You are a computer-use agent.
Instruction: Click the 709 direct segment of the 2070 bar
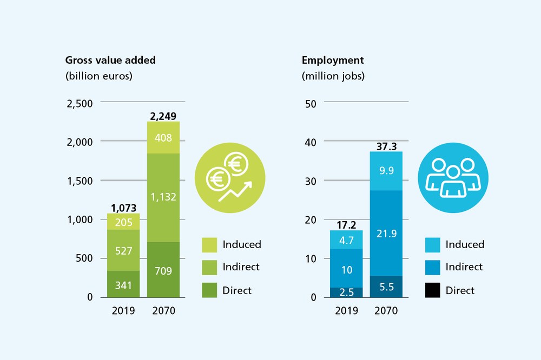(x=163, y=270)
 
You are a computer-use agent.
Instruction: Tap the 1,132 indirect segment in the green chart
(x=163, y=197)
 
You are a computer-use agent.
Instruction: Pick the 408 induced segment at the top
(x=163, y=138)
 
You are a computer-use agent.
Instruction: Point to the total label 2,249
(x=163, y=116)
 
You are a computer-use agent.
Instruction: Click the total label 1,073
(x=123, y=208)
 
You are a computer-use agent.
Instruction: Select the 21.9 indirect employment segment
(x=386, y=233)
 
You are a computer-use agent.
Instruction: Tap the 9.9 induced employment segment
(x=386, y=170)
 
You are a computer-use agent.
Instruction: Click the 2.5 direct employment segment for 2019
(x=346, y=292)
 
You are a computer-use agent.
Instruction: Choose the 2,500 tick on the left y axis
(x=80, y=103)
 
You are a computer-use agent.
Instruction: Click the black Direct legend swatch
(x=433, y=290)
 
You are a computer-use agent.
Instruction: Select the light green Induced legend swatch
(x=209, y=244)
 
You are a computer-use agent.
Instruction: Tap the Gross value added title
(x=110, y=60)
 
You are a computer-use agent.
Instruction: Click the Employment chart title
(x=333, y=60)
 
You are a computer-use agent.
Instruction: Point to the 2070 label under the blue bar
(x=386, y=311)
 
